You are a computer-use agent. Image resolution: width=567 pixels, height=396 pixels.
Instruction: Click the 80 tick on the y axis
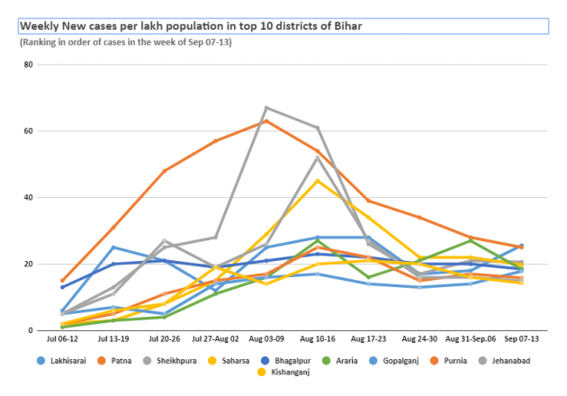(28, 65)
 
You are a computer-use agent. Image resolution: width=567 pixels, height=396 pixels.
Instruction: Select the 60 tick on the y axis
(28, 131)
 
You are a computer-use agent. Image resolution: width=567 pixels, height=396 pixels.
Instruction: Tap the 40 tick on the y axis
(28, 198)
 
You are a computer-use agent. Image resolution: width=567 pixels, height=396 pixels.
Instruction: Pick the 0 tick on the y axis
(31, 330)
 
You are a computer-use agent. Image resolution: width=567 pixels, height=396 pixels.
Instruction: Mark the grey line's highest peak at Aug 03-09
(266, 108)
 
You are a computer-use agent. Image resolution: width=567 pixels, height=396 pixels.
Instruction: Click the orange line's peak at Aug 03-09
(266, 121)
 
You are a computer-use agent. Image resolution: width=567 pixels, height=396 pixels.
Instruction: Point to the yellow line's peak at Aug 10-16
(318, 181)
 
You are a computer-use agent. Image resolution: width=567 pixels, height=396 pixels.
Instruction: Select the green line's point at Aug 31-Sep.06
(471, 240)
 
